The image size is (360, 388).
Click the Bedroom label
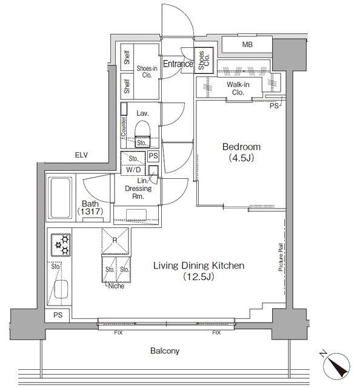tap(241, 147)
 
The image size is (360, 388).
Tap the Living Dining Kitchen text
tap(199, 266)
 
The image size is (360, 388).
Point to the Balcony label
tap(165, 351)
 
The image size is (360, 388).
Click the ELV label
tap(81, 155)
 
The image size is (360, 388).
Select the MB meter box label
tap(247, 44)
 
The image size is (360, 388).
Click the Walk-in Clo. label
tap(238, 89)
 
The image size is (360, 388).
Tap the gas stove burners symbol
tap(61, 245)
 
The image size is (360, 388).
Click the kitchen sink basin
tap(61, 289)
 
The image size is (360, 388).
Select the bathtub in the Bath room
tap(60, 198)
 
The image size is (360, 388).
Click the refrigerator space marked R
tap(115, 241)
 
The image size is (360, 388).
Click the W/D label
tap(133, 170)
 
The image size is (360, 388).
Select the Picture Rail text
tap(281, 257)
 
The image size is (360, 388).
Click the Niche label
tap(116, 286)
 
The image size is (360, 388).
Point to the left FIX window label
tap(118, 333)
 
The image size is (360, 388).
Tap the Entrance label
tap(178, 64)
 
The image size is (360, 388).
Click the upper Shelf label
tap(127, 58)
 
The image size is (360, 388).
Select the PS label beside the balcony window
tap(58, 315)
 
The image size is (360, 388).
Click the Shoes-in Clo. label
tap(147, 72)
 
